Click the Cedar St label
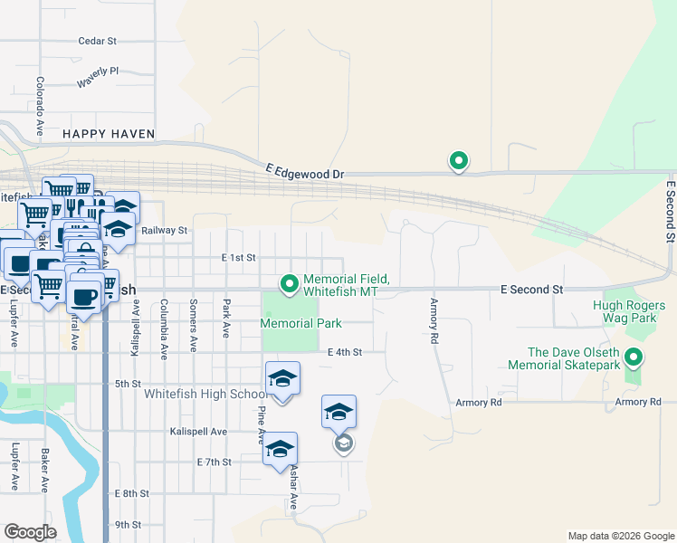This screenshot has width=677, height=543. click(x=98, y=41)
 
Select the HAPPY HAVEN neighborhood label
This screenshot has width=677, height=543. click(x=109, y=134)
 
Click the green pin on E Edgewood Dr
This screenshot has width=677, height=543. click(x=459, y=161)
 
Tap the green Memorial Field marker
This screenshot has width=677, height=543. click(x=290, y=284)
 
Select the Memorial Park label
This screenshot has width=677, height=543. click(x=300, y=323)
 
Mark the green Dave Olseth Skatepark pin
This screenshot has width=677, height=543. click(x=634, y=358)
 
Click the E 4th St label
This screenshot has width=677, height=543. click(x=345, y=352)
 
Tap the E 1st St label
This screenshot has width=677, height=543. click(x=239, y=258)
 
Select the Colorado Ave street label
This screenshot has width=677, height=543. click(x=40, y=106)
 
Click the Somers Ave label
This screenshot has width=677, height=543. click(x=193, y=327)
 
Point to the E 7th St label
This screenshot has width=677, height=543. click(x=215, y=462)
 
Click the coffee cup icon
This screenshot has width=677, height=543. click(x=84, y=297)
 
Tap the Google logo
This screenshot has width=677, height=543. click(x=31, y=532)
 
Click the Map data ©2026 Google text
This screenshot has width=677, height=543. click(x=620, y=536)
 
